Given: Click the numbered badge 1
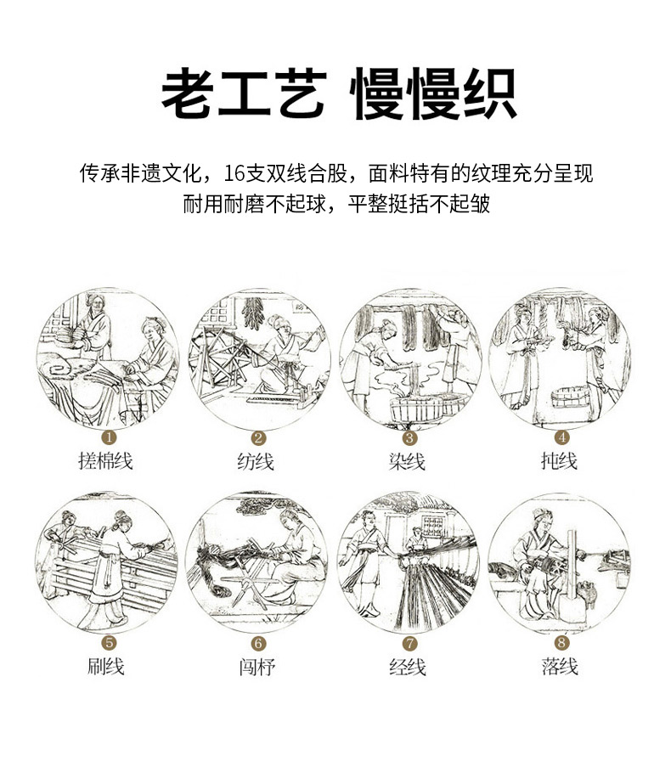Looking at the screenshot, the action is click(x=109, y=437).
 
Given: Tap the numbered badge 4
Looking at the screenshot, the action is click(x=562, y=437).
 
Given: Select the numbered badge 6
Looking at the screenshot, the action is click(x=258, y=644).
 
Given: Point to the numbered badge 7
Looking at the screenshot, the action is click(x=410, y=644).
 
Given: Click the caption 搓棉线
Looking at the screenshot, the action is click(x=106, y=460).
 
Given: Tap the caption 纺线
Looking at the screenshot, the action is click(x=256, y=461).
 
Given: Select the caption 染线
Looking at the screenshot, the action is click(x=407, y=461).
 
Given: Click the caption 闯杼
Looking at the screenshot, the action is click(x=257, y=668).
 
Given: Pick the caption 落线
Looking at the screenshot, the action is click(x=560, y=667).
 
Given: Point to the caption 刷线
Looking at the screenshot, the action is click(x=106, y=667).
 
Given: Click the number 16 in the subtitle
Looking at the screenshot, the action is click(x=234, y=174).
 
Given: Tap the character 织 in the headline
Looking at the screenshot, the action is click(x=489, y=93).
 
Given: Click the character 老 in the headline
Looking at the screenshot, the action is click(x=188, y=93).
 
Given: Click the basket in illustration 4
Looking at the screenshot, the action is click(x=571, y=397).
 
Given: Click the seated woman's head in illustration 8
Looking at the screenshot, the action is click(x=542, y=520).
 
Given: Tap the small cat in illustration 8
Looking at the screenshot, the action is click(x=588, y=593).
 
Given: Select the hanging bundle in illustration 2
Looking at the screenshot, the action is click(x=252, y=313).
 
